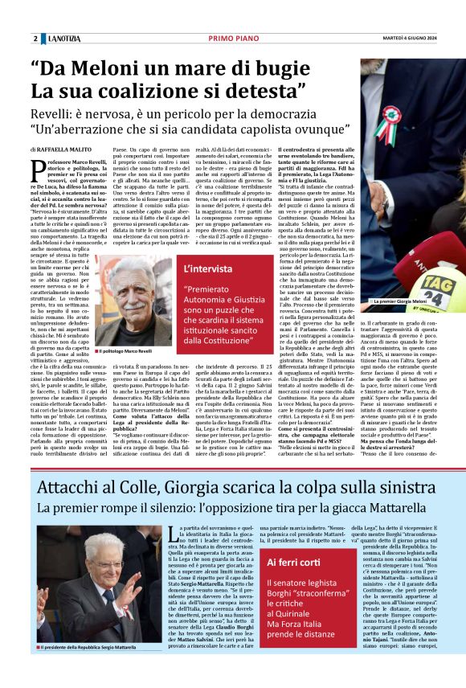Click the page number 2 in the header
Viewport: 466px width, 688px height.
[35, 39]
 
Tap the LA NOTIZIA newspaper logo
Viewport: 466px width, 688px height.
[63, 39]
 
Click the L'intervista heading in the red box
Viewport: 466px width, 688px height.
[211, 269]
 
